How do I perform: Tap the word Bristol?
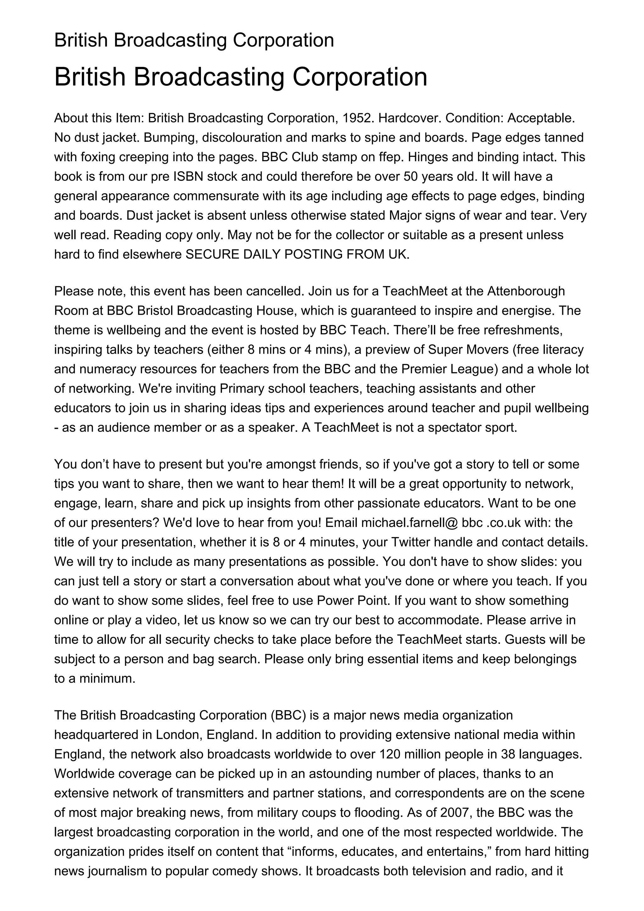point(155,310)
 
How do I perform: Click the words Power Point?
point(353,600)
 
